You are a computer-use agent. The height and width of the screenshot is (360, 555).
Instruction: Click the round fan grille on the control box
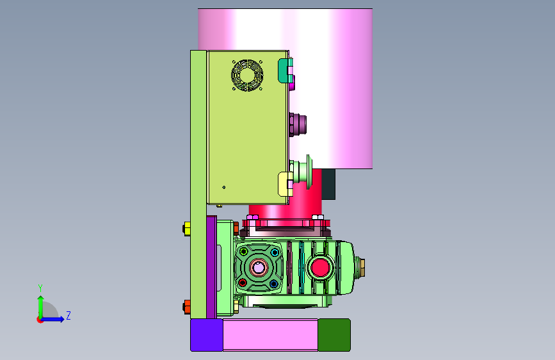point(247,75)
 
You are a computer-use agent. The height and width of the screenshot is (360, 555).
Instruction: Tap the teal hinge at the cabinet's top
point(285,71)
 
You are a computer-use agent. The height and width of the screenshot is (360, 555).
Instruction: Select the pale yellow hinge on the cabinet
point(286,184)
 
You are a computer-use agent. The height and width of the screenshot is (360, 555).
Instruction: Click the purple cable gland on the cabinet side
point(297,125)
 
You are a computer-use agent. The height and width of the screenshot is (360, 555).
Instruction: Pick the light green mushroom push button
point(302,172)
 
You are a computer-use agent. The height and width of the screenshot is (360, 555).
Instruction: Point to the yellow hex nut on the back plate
point(187,229)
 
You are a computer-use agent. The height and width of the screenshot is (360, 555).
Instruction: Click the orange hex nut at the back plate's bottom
point(187,306)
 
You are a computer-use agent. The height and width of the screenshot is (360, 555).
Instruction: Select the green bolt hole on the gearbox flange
point(243,252)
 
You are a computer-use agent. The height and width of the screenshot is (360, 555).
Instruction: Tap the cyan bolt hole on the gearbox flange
point(275,252)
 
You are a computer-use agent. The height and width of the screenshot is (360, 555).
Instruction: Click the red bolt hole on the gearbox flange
point(243,282)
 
